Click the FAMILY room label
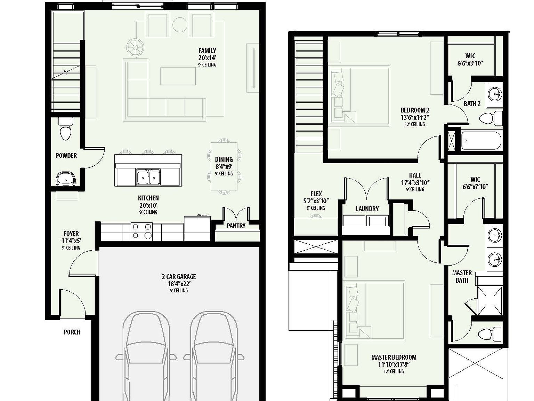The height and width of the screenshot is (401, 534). tap(207, 51)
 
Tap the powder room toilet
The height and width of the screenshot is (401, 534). tap(65, 130)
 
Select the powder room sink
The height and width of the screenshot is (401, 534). tap(65, 178)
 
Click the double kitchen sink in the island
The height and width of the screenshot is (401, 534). tap(148, 177)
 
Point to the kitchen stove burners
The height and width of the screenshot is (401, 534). tap(142, 231)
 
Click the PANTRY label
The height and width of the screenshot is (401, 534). tap(236, 226)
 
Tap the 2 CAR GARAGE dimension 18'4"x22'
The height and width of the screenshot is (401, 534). tap(179, 284)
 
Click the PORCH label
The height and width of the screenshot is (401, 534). tap(72, 332)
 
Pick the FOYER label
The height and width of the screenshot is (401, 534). tap(71, 234)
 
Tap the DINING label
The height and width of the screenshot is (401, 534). tap(224, 159)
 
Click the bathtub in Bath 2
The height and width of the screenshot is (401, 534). tap(481, 141)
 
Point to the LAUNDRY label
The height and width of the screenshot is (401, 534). tap(367, 209)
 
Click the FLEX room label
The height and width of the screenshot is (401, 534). tap(316, 194)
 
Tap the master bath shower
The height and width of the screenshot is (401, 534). tap(489, 300)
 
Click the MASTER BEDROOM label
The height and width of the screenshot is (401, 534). tap(394, 357)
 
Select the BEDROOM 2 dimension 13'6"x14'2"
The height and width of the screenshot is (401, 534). tap(415, 118)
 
